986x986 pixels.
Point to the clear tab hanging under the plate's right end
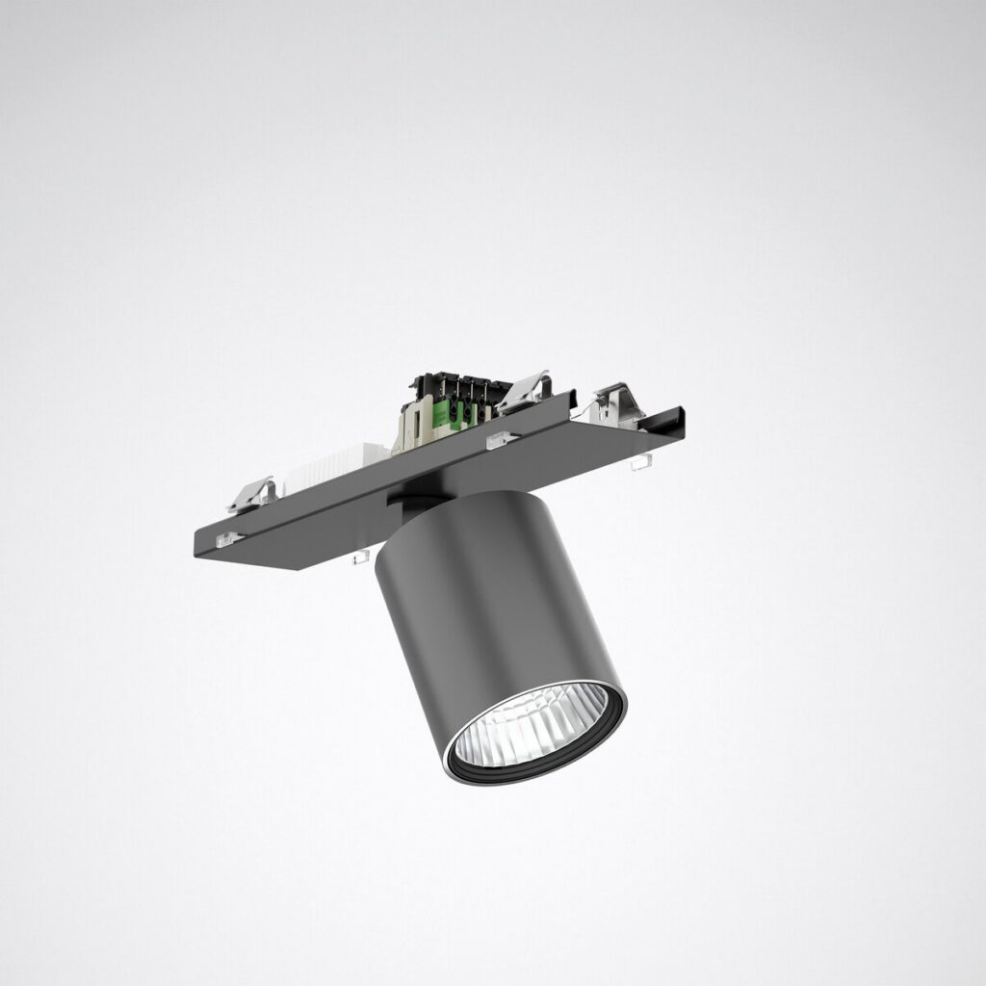(x=636, y=465)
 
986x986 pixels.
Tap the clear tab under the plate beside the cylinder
(x=363, y=558)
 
